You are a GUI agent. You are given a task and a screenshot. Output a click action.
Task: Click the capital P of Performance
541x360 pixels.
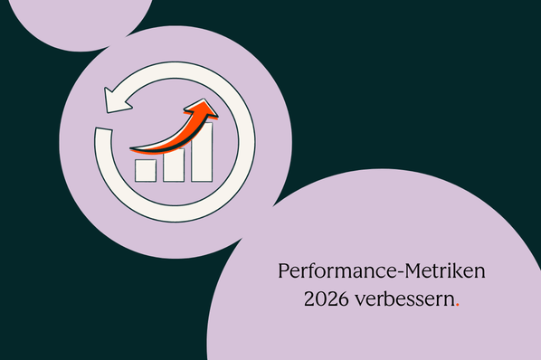click(282, 271)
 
